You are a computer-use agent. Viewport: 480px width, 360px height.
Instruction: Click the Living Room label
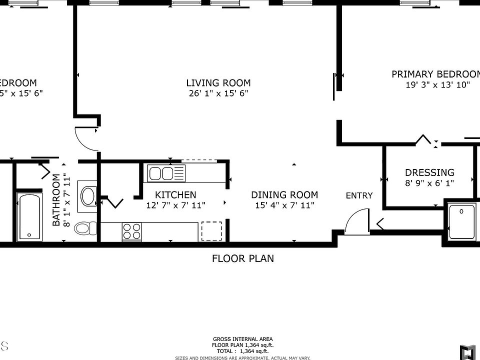[218, 83]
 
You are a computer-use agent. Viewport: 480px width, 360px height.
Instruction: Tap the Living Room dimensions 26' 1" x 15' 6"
[218, 93]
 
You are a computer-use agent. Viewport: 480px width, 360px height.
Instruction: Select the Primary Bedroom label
[435, 74]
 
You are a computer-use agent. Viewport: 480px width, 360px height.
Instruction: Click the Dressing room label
[429, 173]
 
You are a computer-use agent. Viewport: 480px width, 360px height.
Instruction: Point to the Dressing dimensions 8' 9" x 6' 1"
[429, 183]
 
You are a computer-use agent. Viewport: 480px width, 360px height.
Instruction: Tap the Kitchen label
[175, 194]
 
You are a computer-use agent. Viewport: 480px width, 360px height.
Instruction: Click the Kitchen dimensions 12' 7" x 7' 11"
[175, 205]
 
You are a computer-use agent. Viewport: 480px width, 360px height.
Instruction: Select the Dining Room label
[284, 194]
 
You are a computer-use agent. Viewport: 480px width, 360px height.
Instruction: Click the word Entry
[359, 195]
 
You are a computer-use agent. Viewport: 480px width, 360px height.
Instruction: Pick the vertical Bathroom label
[56, 200]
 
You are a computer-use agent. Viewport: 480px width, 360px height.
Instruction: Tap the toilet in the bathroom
[86, 229]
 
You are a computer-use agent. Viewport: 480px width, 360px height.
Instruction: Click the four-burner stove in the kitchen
[131, 231]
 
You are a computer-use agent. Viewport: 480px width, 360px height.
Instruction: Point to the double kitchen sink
[166, 173]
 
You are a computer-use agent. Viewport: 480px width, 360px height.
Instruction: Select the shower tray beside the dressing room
[462, 222]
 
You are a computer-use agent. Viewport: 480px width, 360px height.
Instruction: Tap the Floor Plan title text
[243, 258]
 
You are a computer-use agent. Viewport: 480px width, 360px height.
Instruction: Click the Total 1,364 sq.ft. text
[243, 351]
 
